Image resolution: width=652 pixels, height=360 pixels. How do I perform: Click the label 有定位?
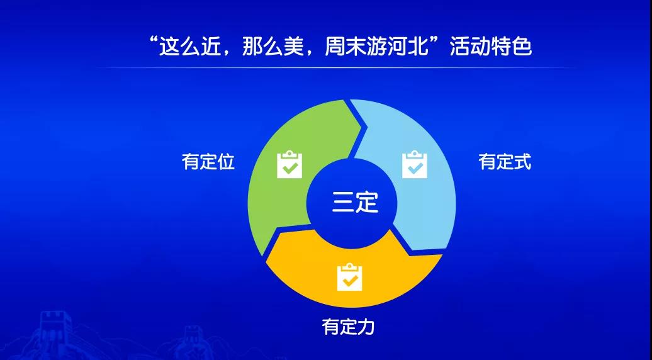tap(208, 162)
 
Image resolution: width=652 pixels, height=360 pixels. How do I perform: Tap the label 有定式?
tap(505, 162)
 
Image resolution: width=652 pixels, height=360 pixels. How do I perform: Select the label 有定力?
tap(349, 327)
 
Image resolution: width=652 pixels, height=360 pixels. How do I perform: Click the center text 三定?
tap(355, 203)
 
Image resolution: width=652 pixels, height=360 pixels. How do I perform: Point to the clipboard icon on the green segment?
tap(289, 165)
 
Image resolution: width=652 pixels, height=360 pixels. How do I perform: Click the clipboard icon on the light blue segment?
tap(415, 165)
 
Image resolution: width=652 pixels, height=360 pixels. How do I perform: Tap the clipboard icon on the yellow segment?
tap(350, 277)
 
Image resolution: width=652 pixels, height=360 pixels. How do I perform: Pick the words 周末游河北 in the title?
tap(376, 47)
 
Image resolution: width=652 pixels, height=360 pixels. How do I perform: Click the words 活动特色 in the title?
tap(491, 47)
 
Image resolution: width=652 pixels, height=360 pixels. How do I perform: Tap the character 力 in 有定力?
tap(366, 327)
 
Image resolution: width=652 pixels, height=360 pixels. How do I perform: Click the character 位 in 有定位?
tap(226, 162)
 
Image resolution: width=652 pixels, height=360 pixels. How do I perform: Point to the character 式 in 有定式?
tap(523, 162)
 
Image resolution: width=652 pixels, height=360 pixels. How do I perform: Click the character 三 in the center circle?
tap(342, 203)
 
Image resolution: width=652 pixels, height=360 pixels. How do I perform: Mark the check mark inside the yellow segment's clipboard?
tap(350, 280)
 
